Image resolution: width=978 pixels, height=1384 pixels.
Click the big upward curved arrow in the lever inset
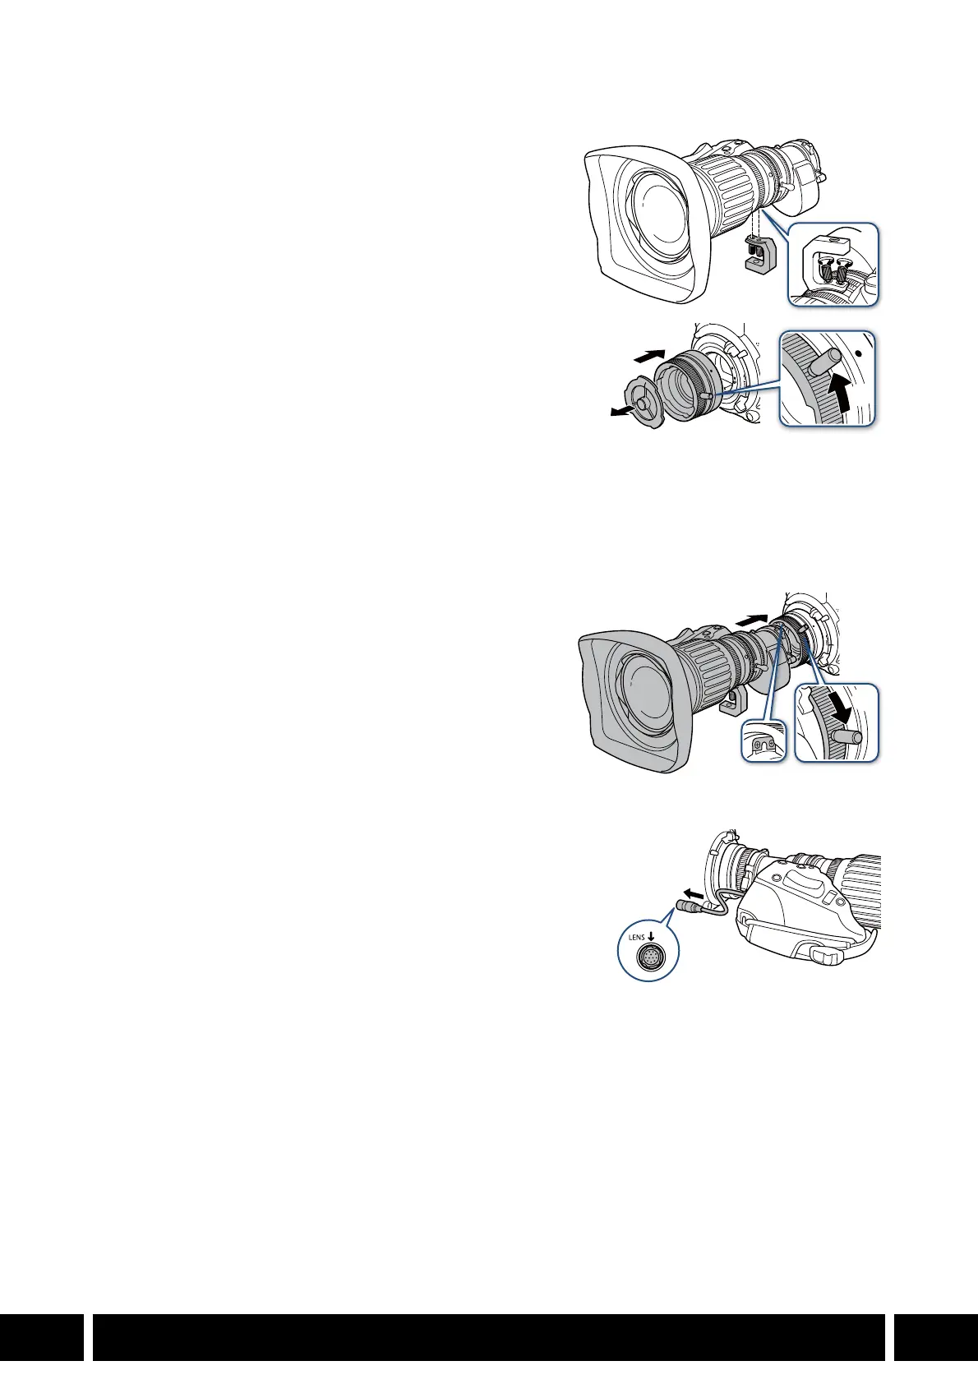[x=837, y=393]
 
